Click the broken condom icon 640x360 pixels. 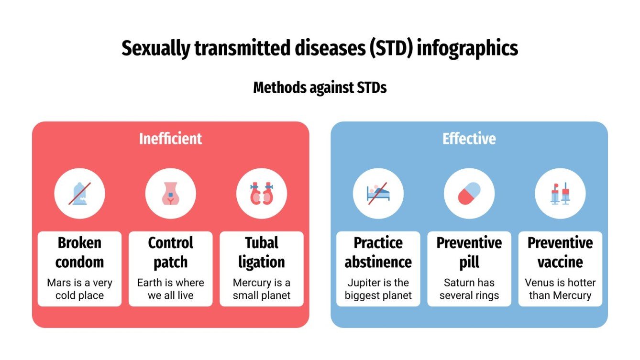coord(79,194)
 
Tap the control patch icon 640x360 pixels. coord(170,194)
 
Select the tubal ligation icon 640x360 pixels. coord(261,194)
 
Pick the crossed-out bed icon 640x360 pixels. coord(378,194)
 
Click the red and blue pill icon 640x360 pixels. coord(469,194)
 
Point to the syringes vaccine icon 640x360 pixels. coord(560,194)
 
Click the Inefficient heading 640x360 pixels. coord(170,139)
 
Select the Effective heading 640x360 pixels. coord(469,139)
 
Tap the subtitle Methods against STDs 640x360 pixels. coord(320,88)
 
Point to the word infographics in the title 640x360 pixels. coord(467,49)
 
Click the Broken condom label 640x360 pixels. coord(79,252)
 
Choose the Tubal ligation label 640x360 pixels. coord(261,252)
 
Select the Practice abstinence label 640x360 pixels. coord(378,252)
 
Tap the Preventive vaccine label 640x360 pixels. coord(560,252)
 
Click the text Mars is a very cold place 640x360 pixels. coord(79,289)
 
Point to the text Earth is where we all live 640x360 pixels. coord(170,289)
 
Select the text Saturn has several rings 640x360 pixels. coord(469,289)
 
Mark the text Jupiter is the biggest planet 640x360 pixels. coord(378,289)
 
